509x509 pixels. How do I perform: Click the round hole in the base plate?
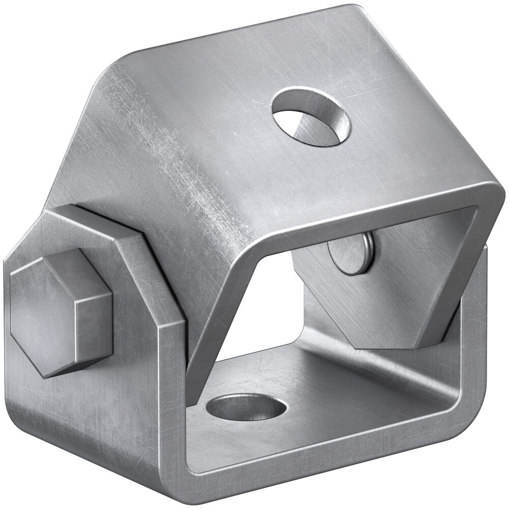coord(247,408)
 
